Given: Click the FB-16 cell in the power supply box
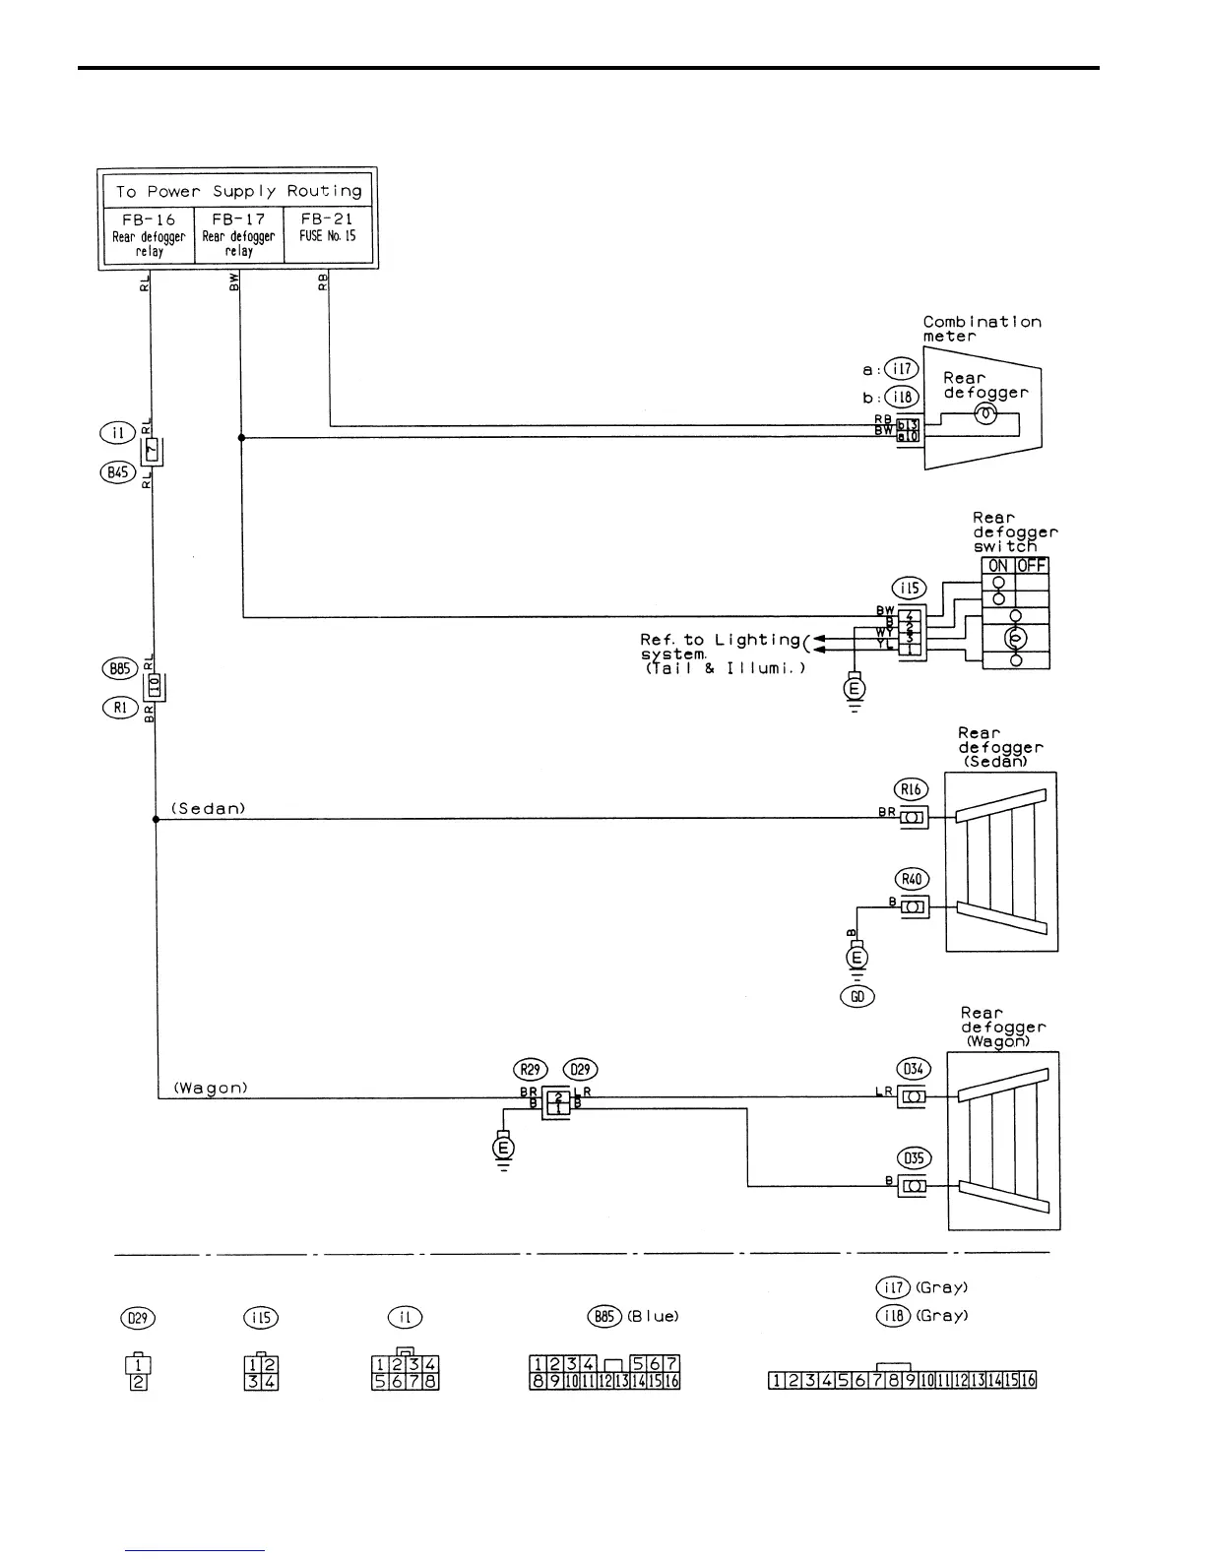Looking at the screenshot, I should point(149,234).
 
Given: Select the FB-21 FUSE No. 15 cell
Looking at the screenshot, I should point(328,234).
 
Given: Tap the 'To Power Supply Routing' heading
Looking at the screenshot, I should point(237,191).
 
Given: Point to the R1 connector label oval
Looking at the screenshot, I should point(119,707).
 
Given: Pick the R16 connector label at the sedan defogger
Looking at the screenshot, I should point(912,788).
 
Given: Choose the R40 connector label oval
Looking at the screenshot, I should point(913,879).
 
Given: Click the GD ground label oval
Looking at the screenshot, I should point(857,996).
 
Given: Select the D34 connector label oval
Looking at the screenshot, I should point(913,1069).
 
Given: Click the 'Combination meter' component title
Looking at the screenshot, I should point(981,329).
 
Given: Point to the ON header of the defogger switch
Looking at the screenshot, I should point(998,566).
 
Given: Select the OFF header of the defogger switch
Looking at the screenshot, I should point(1031,566).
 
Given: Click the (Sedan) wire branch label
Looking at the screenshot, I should point(209,808).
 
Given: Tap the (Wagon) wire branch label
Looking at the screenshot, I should point(211,1088).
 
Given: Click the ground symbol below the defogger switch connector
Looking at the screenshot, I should point(855,690).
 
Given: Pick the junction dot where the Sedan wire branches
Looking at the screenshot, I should point(156,819).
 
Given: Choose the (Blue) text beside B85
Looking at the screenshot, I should point(653,1316).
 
